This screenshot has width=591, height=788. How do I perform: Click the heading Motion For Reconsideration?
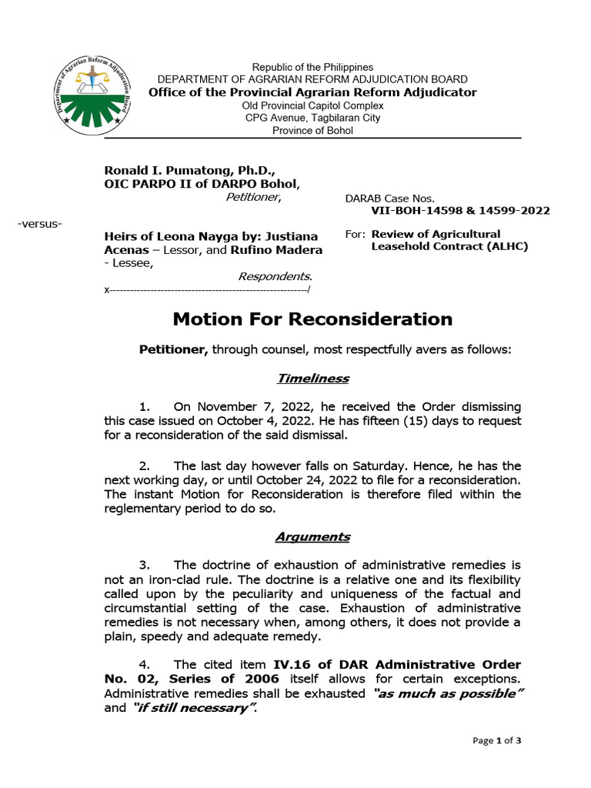coord(312,319)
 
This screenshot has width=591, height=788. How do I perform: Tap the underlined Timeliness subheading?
coord(312,378)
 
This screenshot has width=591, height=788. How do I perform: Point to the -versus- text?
coord(39,223)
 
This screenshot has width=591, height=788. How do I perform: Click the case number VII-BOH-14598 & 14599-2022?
coord(460,211)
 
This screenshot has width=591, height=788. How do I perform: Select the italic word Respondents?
coord(275,275)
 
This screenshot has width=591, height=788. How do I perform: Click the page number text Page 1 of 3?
coord(496,740)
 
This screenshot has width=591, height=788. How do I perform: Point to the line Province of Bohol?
coord(312,130)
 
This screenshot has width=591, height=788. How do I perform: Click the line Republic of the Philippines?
coord(312,68)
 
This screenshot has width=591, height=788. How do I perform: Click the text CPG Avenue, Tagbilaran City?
coord(312,118)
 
